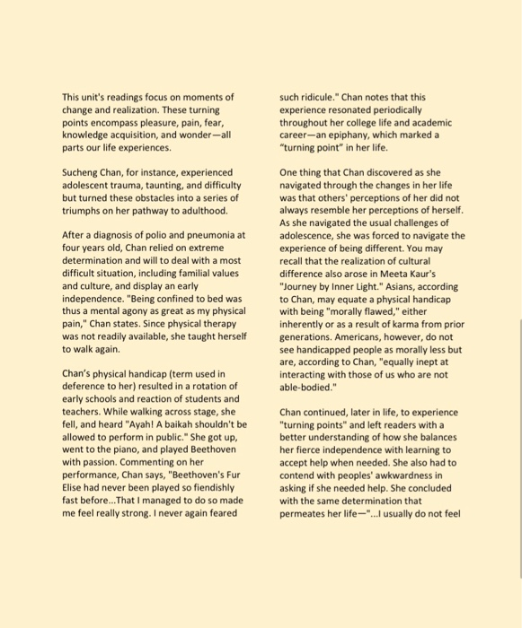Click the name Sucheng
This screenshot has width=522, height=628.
click(84, 171)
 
